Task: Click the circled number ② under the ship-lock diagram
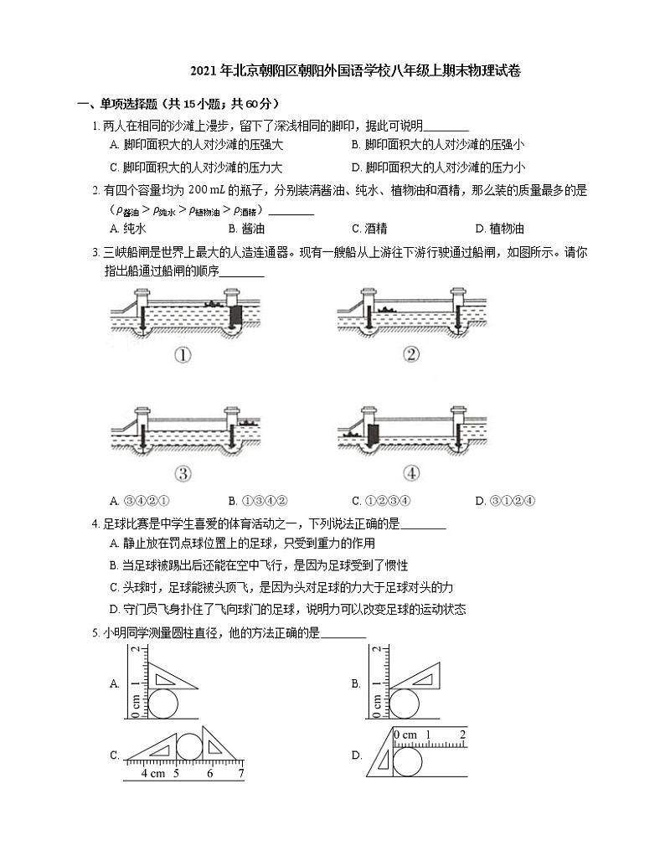(x=411, y=354)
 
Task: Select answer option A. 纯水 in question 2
(x=128, y=229)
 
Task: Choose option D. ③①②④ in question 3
(x=505, y=501)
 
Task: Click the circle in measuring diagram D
(x=407, y=761)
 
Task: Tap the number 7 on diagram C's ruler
(x=240, y=774)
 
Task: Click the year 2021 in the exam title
(x=204, y=71)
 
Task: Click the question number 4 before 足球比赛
(x=95, y=524)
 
